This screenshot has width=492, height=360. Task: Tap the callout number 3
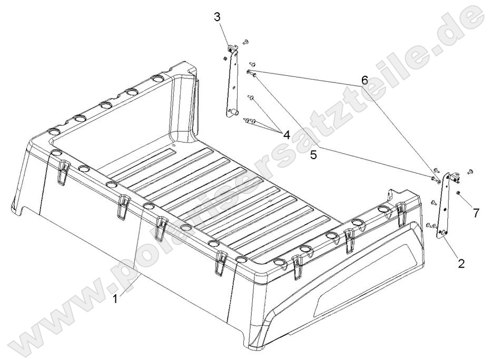click(217, 16)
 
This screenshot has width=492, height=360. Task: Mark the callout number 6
click(363, 81)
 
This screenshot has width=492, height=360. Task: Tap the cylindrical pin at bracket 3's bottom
click(234, 113)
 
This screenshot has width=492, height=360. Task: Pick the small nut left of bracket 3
click(225, 57)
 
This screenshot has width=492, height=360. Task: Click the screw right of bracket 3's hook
click(245, 41)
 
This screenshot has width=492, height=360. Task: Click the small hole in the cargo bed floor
click(175, 141)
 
